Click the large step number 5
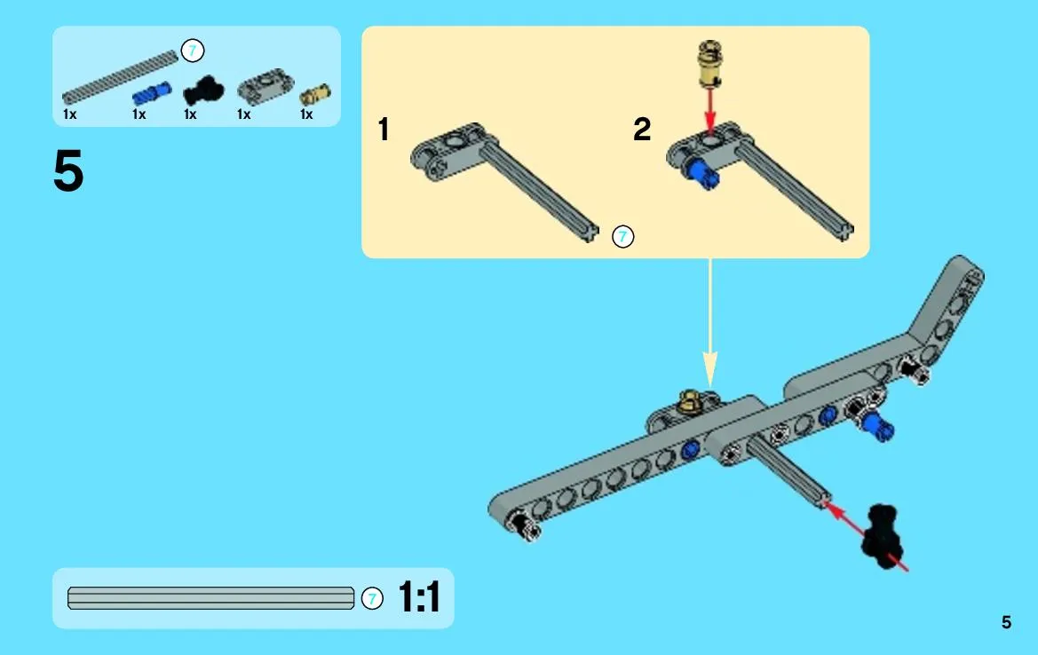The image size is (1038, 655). point(68,170)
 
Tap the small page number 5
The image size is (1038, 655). point(1006,622)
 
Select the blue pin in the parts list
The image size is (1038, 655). point(152,94)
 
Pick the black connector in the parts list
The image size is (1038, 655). point(203,90)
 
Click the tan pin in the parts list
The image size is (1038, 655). point(315,95)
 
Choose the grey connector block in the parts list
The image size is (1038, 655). point(265,86)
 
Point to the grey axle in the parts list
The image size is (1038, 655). point(120,78)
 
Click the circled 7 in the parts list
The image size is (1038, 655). point(193,51)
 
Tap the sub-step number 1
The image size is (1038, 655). point(384,129)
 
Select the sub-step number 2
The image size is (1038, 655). point(642,129)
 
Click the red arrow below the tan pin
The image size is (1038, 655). point(710,109)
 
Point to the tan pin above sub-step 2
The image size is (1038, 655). point(709,64)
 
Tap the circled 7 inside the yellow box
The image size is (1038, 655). point(623,236)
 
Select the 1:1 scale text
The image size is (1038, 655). point(419,596)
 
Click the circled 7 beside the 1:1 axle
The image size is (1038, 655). point(372,599)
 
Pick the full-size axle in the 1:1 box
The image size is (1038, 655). point(210,598)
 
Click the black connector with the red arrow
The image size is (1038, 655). point(882,534)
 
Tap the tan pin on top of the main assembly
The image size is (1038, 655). point(691,400)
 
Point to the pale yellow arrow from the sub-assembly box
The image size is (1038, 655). point(709,323)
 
